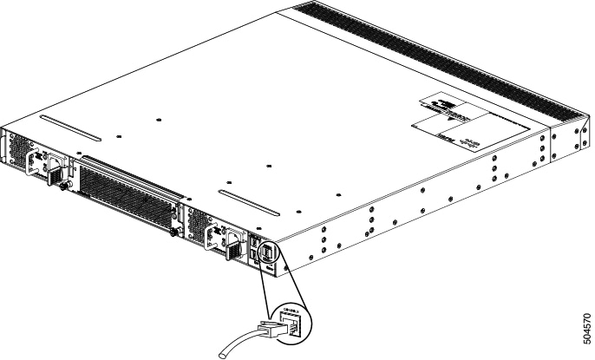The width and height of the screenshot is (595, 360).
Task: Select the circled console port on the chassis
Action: [x=267, y=252]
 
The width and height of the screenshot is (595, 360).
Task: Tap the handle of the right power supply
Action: [x=220, y=237]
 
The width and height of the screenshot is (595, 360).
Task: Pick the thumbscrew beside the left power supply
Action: [x=63, y=186]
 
